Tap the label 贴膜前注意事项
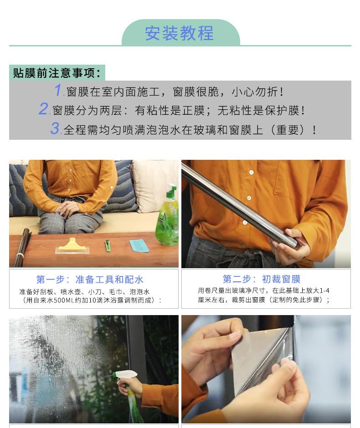tap(57, 73)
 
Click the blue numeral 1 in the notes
tap(58, 91)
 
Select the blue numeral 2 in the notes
tap(43, 110)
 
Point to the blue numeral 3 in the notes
tap(55, 129)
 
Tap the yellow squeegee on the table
tap(72, 246)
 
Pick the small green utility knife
tap(108, 246)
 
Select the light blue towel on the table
tap(139, 246)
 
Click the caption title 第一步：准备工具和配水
tap(90, 279)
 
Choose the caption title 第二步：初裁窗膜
tap(262, 279)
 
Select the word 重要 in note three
tap(290, 130)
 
